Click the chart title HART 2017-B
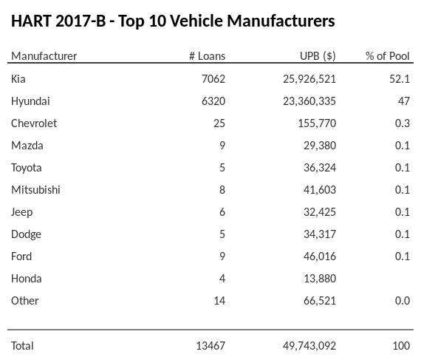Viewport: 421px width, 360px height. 173,21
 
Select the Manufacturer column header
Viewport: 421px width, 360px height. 44,56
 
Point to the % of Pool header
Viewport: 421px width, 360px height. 388,56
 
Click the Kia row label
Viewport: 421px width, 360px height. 18,78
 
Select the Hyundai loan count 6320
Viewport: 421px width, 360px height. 212,101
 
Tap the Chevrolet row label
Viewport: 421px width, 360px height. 34,123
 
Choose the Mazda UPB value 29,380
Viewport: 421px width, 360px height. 319,145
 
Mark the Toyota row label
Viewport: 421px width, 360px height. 27,167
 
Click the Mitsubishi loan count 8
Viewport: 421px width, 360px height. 222,189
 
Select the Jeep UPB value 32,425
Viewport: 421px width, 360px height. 319,211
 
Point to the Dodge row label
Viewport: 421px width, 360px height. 26,234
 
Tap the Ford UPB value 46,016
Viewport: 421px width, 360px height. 319,256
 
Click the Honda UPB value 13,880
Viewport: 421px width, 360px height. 319,278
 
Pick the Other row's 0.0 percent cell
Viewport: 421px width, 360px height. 402,300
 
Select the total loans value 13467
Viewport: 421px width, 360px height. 209,345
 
